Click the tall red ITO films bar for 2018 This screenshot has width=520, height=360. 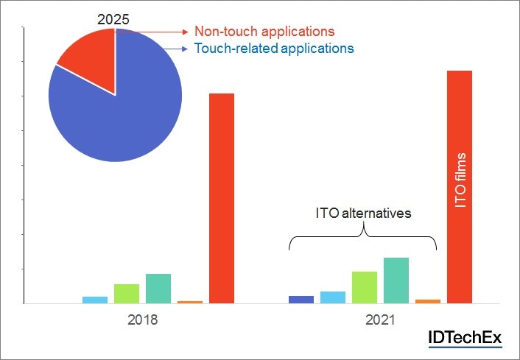tap(222, 199)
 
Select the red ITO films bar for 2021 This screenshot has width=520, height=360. tap(460, 187)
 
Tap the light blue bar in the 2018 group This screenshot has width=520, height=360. tap(94, 300)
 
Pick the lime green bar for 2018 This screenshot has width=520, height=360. tap(126, 294)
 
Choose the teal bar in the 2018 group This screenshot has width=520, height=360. tap(158, 289)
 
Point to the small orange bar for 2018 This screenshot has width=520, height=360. tap(190, 302)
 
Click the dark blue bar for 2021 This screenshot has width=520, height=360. tap(301, 299)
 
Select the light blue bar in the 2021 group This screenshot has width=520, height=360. tap(333, 297)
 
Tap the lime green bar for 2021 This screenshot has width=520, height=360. tap(365, 287)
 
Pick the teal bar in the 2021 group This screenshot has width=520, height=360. tap(396, 280)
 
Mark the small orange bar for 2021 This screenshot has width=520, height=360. tap(428, 301)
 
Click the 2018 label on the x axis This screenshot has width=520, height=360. tap(142, 321)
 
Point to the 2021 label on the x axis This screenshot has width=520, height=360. tap(380, 321)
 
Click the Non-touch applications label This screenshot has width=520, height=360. tap(264, 32)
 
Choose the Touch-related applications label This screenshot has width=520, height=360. tap(273, 49)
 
